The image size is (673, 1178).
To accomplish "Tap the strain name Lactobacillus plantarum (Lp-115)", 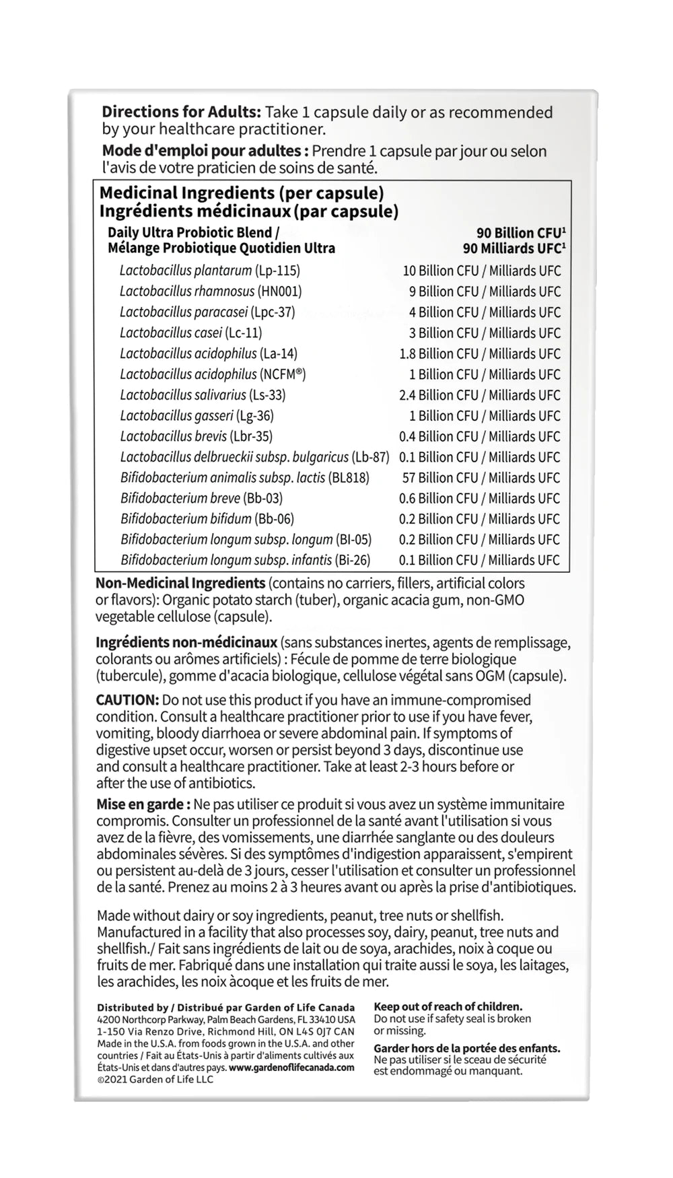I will [209, 271].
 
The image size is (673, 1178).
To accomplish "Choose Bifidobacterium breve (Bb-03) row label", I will [201, 499].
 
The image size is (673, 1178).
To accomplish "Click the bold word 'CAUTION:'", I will [127, 700].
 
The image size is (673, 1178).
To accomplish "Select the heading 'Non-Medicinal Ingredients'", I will [180, 583].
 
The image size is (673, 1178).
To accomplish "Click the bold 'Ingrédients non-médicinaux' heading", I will [186, 643].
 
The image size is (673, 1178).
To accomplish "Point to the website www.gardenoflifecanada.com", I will [291, 1068].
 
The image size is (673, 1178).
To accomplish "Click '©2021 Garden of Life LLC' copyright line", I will [155, 1080].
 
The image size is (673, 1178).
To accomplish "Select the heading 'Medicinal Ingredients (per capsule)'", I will [242, 193].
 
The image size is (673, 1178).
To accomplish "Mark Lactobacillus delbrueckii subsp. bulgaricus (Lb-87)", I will [254, 457].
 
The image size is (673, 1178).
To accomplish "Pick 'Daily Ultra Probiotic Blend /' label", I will [193, 233].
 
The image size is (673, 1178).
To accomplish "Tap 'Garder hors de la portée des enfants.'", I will [466, 1048].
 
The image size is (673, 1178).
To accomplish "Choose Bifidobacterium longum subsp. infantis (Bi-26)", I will [246, 560].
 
